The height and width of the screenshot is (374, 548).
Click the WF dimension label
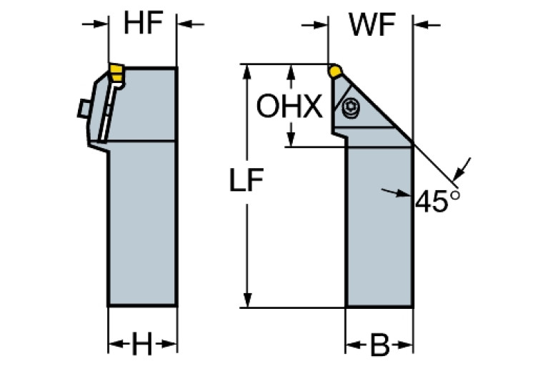pos(372,26)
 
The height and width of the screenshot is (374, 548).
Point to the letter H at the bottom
pos(142,347)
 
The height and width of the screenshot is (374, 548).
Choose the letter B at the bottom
pos(379,347)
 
